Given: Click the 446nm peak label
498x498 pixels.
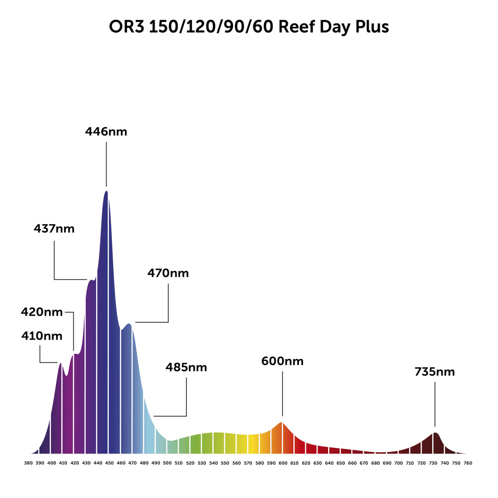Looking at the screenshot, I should (x=106, y=131).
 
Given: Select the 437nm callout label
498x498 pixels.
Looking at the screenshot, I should (x=54, y=228).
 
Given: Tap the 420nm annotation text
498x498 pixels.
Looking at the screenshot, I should (x=42, y=312).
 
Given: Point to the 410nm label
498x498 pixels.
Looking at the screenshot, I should (x=42, y=336).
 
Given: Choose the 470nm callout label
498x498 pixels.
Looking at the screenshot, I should (x=168, y=273).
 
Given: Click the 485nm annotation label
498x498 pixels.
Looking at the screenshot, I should (x=186, y=367).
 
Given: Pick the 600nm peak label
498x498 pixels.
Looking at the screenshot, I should (x=282, y=361).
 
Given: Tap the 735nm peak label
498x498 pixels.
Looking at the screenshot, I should (x=435, y=372).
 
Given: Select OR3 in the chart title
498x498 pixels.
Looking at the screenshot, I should (x=127, y=27).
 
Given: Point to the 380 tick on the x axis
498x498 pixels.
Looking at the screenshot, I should (x=28, y=463).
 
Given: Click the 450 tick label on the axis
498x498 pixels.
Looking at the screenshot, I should (x=109, y=463).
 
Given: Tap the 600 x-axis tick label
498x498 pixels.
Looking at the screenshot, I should (x=283, y=463).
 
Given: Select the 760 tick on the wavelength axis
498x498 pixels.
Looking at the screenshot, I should (x=468, y=463).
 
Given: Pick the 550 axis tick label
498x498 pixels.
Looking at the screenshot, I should (x=225, y=463).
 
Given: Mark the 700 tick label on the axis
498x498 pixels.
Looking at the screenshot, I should (x=398, y=463).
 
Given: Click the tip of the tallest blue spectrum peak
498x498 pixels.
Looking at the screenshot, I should (x=106, y=191).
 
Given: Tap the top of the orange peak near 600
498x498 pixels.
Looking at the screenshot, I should (x=282, y=422).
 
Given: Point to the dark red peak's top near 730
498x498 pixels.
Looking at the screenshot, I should (x=435, y=433).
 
